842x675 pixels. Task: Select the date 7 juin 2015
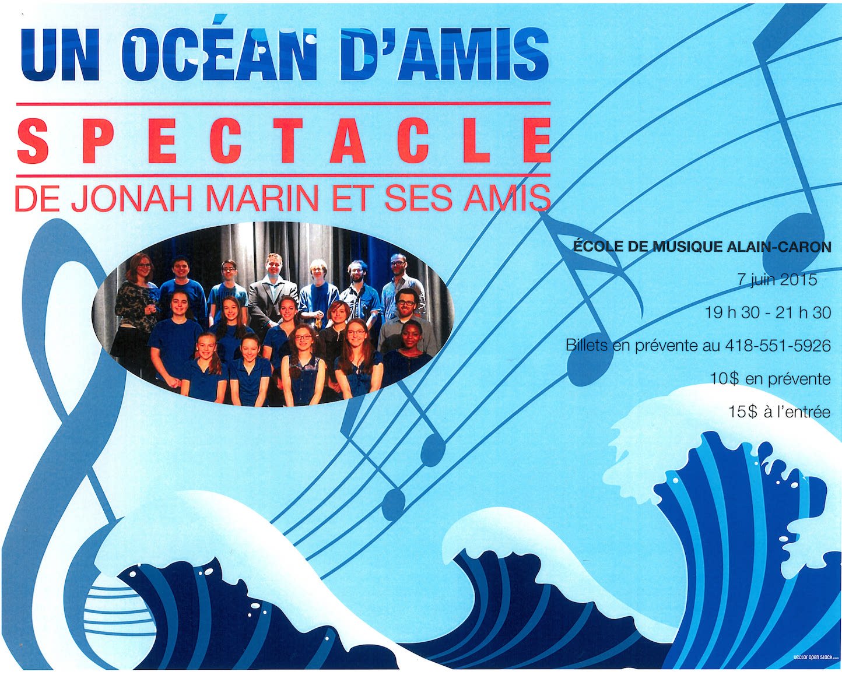tap(777, 279)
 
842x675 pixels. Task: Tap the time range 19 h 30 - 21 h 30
tap(768, 312)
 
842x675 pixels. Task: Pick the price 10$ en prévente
tap(770, 378)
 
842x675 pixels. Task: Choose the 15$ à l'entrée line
tap(779, 412)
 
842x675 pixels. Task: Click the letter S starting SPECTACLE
tap(34, 140)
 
